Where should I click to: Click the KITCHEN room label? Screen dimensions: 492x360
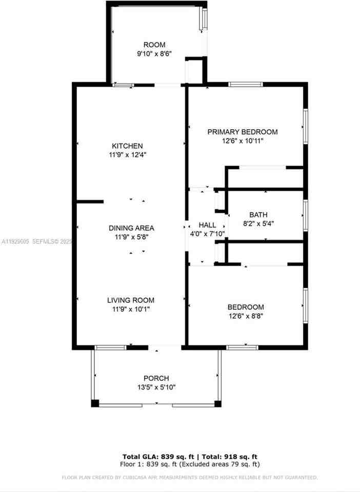click(x=128, y=146)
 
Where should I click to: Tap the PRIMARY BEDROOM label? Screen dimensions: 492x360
click(x=243, y=132)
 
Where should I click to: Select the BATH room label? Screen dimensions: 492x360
click(x=258, y=215)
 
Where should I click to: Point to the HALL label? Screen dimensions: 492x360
click(x=207, y=225)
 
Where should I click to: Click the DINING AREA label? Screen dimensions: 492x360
click(x=131, y=228)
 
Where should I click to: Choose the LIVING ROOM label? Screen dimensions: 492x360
click(x=130, y=300)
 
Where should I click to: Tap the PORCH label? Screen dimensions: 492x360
click(x=156, y=378)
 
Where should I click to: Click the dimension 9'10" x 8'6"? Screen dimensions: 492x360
click(x=154, y=53)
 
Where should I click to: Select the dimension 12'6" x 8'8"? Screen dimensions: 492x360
click(x=246, y=316)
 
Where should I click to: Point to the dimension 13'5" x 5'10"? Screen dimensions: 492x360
click(x=156, y=387)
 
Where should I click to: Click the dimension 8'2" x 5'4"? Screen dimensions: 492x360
click(x=258, y=223)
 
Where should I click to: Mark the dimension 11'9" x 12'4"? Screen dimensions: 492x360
click(x=128, y=154)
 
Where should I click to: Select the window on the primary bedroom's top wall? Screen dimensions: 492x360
click(x=245, y=84)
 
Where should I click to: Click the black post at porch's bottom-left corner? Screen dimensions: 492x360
click(x=95, y=403)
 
